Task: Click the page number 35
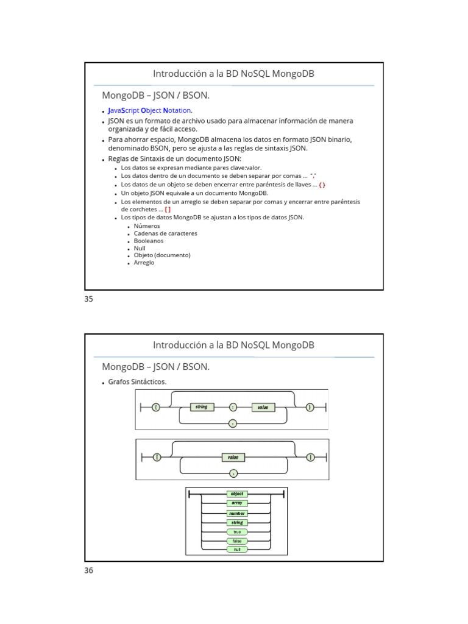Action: tap(88, 299)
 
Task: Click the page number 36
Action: tap(88, 570)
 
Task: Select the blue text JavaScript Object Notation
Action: tap(150, 110)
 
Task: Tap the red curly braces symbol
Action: tap(322, 185)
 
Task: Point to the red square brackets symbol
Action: tap(168, 209)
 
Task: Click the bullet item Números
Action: tap(147, 226)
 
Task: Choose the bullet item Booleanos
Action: tap(149, 241)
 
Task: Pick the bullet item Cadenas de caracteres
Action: tap(165, 233)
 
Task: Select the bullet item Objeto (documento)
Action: tap(162, 255)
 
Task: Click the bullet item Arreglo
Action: tap(144, 263)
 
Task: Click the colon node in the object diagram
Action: tap(233, 407)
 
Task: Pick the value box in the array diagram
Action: tap(233, 457)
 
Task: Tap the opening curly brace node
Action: tap(157, 407)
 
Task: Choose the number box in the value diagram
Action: tap(237, 513)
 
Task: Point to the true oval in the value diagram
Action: tap(237, 531)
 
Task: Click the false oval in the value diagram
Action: tap(237, 541)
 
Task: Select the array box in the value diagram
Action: tap(237, 503)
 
